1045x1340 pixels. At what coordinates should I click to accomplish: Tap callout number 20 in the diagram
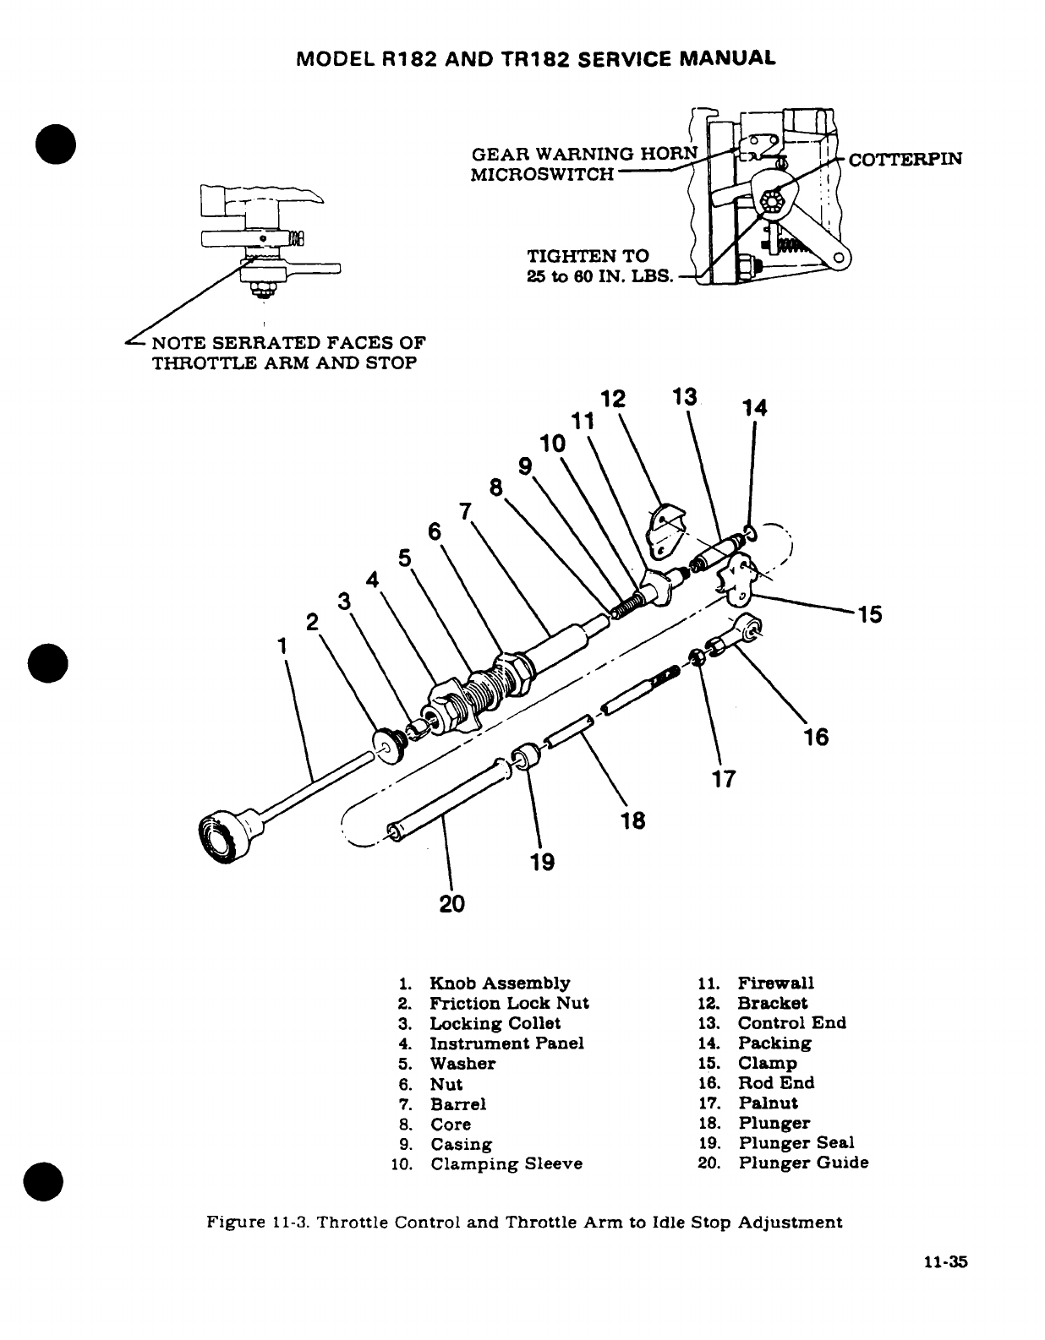tap(452, 903)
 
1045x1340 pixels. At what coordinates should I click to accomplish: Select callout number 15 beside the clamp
tap(870, 614)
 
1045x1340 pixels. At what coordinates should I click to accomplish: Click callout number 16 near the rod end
tap(816, 737)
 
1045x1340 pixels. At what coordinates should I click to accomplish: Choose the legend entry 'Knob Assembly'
tap(499, 983)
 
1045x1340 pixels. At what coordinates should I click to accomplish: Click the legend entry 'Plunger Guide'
tap(803, 1163)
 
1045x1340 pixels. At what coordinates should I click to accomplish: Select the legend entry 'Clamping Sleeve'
tap(506, 1164)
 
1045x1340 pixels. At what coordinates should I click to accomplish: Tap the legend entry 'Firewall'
tap(775, 983)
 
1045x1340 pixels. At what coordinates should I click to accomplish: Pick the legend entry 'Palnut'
tap(768, 1103)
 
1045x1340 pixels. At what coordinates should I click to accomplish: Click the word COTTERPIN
tap(905, 158)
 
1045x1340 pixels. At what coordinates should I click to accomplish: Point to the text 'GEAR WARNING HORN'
tap(584, 154)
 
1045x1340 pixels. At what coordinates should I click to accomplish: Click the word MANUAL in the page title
tap(730, 58)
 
